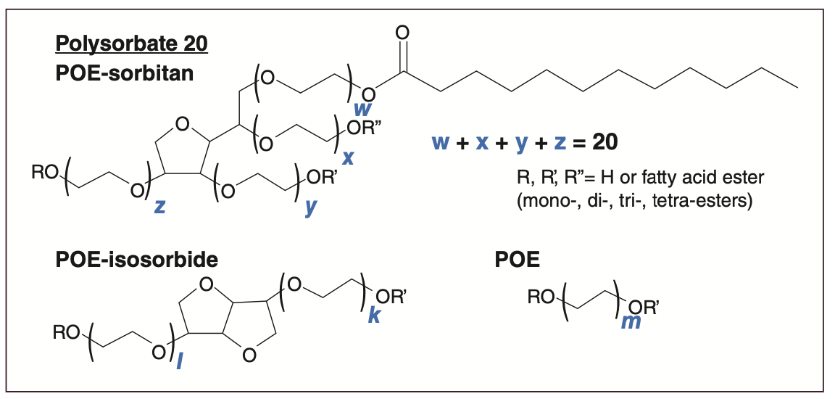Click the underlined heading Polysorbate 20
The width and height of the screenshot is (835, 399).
tap(131, 45)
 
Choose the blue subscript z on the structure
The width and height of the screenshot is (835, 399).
tap(160, 207)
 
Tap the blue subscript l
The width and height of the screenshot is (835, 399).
tap(179, 359)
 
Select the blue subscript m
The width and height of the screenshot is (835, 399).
tap(631, 321)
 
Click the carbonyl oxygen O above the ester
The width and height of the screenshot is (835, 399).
tap(403, 33)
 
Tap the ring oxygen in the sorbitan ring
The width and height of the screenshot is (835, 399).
tap(181, 124)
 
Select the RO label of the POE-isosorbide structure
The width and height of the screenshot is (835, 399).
tap(67, 334)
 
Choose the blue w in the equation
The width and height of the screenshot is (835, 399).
tap(441, 143)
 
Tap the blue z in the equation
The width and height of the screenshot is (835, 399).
tap(560, 143)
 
